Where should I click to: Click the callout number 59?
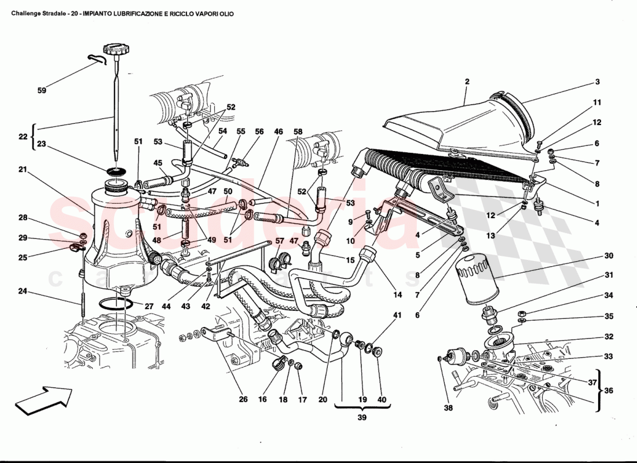tap(42, 90)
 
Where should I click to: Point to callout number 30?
tap(609, 255)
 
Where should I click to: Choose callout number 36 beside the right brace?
tap(609, 391)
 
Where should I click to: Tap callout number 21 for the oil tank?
tap(23, 170)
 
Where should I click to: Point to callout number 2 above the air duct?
tap(467, 82)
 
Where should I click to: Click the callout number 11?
tap(597, 102)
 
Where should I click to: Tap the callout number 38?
tap(448, 408)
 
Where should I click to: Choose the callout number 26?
tap(243, 399)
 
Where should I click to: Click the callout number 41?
tap(397, 315)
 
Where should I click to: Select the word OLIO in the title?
tap(225, 13)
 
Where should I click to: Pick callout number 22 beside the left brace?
tap(23, 137)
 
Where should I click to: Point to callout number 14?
tap(397, 295)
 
